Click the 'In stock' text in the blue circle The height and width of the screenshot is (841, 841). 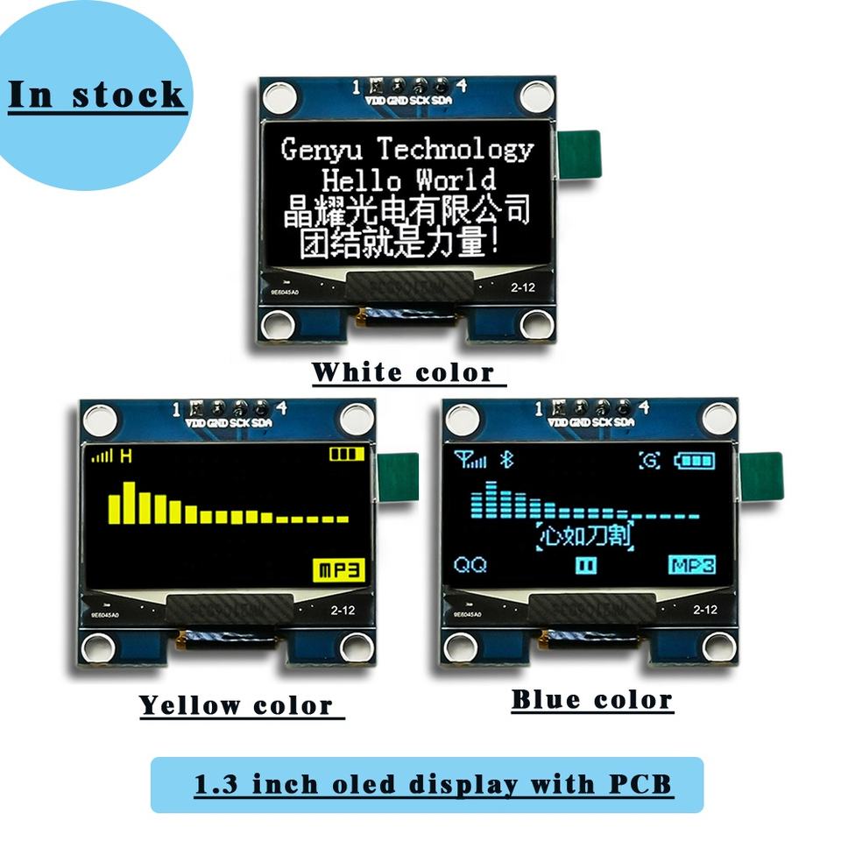[95, 95]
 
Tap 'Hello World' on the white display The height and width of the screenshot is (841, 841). [408, 180]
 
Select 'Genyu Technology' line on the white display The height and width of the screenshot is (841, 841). [407, 149]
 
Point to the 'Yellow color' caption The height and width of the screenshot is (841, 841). [237, 705]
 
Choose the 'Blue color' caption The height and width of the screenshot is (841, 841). [592, 700]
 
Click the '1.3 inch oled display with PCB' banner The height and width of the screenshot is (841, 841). [433, 784]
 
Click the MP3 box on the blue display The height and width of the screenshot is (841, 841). [692, 564]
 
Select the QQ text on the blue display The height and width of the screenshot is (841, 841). [470, 565]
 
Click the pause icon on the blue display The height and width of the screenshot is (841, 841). [586, 565]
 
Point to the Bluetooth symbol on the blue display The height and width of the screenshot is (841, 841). [505, 458]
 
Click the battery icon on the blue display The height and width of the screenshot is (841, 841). [698, 460]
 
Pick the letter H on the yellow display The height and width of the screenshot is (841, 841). [126, 456]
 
